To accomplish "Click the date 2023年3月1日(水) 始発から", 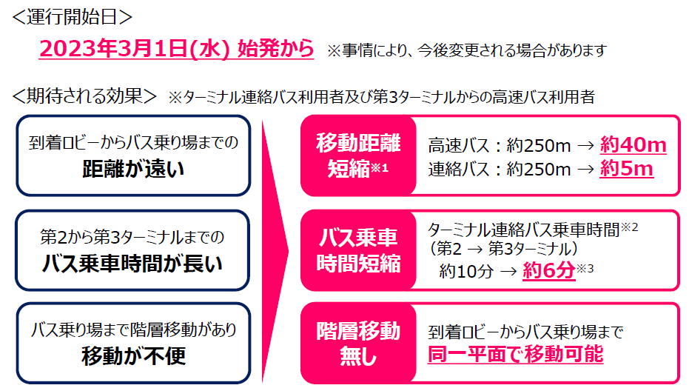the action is [176, 49].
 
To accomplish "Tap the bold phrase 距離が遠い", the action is [133, 170].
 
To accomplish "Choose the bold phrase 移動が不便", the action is [133, 356].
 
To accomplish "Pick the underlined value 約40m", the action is [633, 144].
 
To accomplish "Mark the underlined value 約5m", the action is [626, 169].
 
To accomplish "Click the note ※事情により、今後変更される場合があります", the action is [467, 50].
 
